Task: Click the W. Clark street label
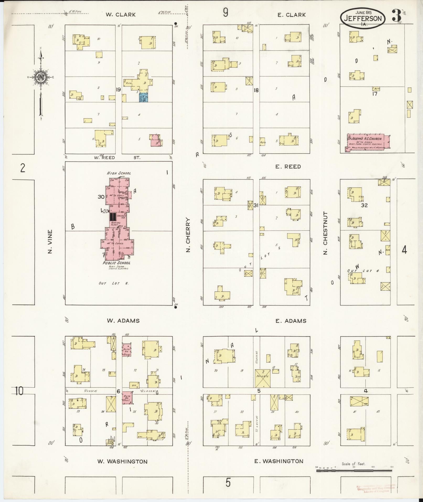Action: coord(121,15)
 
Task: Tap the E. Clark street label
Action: coord(292,15)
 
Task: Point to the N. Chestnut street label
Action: coord(325,233)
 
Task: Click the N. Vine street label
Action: coord(50,242)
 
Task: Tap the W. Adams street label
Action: coord(123,321)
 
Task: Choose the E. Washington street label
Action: coord(279,461)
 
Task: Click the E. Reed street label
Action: coord(288,167)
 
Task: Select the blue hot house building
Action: coord(143,97)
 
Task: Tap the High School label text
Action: coord(119,173)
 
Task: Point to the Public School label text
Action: coord(116,263)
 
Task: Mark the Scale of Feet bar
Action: coord(354,471)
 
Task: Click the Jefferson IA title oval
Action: coord(363,18)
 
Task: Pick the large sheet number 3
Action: coord(397,16)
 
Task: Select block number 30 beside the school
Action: coord(101,197)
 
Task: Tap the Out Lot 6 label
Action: coord(113,283)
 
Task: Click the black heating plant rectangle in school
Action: coord(113,217)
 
